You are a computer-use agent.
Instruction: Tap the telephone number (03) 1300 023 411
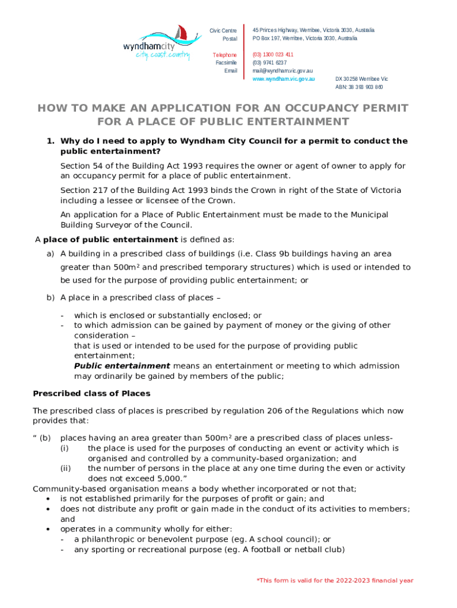click(273, 55)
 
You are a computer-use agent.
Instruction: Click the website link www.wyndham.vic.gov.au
click(284, 78)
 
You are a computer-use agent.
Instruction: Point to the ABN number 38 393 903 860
click(359, 87)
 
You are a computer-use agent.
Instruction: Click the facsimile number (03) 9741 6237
click(269, 62)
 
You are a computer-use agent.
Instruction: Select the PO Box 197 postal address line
click(305, 38)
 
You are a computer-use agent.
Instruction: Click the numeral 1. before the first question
click(51, 141)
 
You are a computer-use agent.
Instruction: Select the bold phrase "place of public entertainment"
click(110, 239)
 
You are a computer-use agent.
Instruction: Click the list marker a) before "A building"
click(50, 254)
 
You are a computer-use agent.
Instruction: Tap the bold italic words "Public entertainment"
click(122, 366)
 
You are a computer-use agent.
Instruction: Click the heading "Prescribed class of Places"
click(91, 393)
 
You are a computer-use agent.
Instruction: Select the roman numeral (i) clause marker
click(65, 448)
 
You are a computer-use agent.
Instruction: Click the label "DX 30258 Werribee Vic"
click(361, 78)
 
